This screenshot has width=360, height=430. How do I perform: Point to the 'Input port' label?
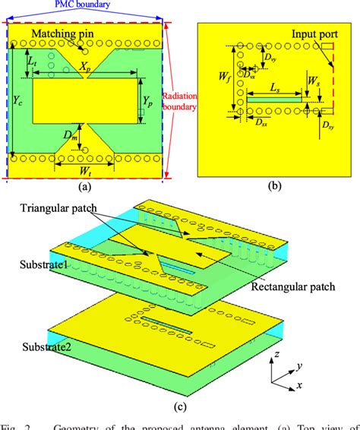point(318,35)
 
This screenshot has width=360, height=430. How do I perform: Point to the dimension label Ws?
point(313,79)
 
